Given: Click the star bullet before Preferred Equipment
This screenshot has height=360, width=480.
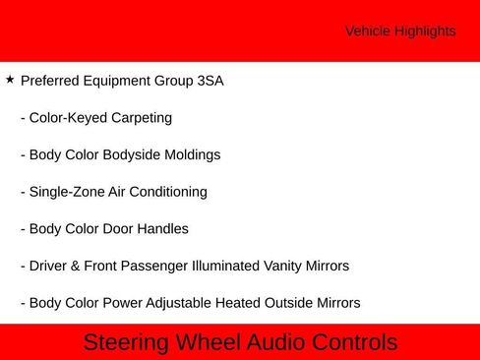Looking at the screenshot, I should [10, 80].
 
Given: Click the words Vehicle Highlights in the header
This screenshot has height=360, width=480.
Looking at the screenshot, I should [400, 31].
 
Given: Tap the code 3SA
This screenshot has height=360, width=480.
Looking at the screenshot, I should [210, 81].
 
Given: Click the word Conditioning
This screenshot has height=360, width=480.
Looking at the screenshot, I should [169, 192].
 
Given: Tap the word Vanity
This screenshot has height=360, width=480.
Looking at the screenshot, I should [282, 266].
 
